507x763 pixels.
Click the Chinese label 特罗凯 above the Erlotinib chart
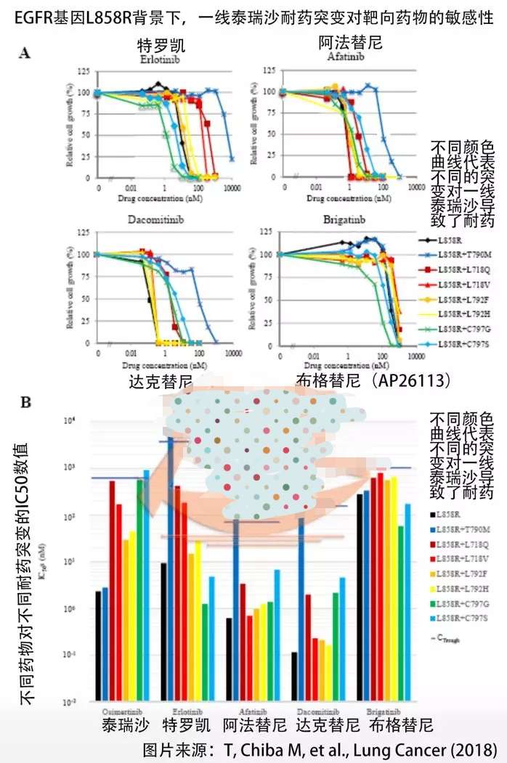point(158,44)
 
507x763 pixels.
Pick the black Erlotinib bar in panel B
point(164,632)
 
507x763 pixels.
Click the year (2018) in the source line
point(479,748)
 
